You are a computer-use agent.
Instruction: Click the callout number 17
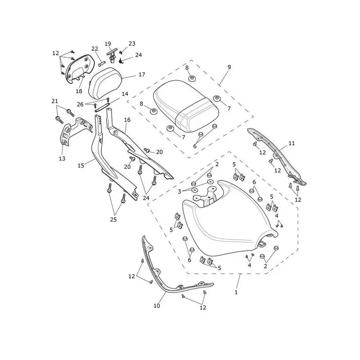tap(142, 75)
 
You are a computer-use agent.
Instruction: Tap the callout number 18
tap(79, 91)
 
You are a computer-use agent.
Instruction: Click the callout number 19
tap(108, 44)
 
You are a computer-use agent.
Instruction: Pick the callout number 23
tap(132, 43)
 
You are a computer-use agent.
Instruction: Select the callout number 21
tap(54, 101)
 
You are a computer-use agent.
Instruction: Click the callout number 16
tap(127, 120)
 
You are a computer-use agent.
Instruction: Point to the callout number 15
tap(81, 165)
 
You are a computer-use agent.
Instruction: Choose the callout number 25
tap(113, 220)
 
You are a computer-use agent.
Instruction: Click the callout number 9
tap(229, 67)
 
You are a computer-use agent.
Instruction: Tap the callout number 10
tap(157, 306)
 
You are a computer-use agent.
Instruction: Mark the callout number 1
tap(236, 292)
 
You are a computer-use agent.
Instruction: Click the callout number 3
tap(180, 192)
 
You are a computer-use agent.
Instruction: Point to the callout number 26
tap(80, 104)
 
